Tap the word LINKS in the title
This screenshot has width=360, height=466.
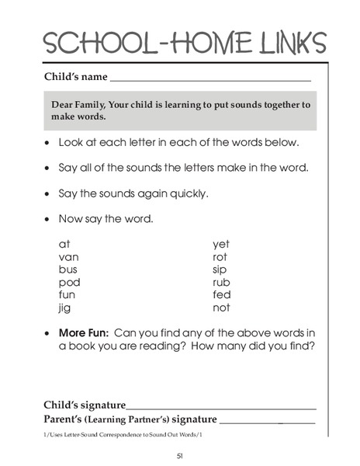[283, 42]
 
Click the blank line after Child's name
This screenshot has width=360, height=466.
[210, 79]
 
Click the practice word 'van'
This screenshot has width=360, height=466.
[69, 256]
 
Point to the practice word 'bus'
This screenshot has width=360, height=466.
[68, 270]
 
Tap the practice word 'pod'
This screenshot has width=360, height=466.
[70, 282]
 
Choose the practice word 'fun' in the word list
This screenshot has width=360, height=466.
[68, 295]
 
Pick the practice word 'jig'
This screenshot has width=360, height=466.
[65, 308]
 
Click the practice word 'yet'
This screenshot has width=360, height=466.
[221, 244]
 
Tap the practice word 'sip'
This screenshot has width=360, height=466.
[220, 270]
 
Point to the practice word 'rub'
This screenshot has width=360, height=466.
[221, 282]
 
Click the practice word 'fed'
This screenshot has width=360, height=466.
[221, 295]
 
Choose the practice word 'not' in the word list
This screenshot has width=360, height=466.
[221, 308]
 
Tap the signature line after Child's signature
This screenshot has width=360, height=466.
[221, 408]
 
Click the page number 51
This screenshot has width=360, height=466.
[179, 454]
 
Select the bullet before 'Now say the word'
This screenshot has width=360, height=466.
[48, 219]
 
